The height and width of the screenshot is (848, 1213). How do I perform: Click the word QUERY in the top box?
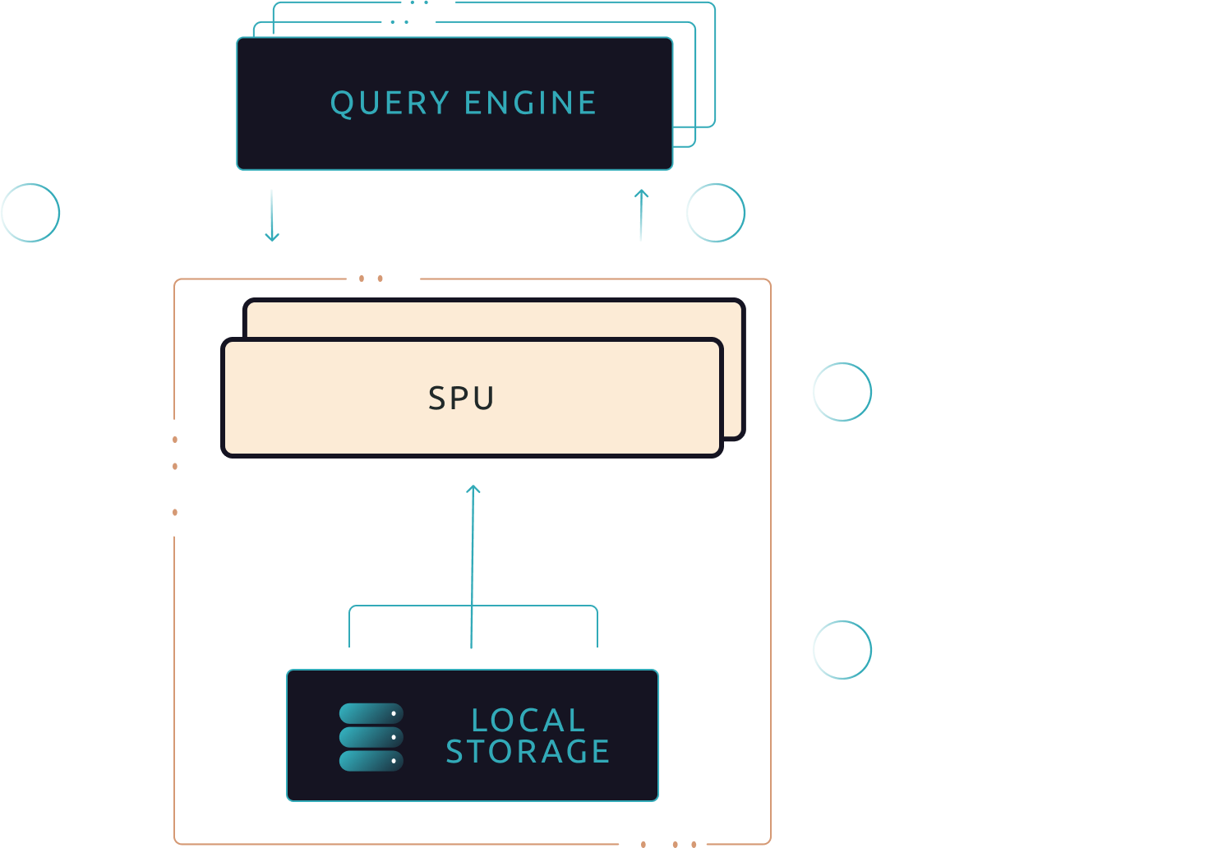click(x=390, y=104)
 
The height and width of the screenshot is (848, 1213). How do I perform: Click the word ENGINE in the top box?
click(x=530, y=103)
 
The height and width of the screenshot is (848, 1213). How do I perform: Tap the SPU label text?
click(x=461, y=398)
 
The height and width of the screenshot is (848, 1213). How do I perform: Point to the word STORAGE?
click(x=528, y=751)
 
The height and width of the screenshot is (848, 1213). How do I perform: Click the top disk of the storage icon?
click(x=371, y=713)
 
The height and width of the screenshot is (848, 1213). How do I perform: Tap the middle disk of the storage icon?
click(x=371, y=737)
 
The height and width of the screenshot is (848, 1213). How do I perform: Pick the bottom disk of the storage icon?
click(x=371, y=761)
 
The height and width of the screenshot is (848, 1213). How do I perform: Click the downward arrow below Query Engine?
click(x=272, y=215)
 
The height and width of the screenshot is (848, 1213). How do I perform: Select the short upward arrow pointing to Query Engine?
click(x=641, y=215)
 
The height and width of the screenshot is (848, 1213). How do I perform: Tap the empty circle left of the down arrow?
click(x=30, y=184)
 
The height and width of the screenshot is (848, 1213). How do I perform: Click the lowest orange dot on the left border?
click(x=175, y=512)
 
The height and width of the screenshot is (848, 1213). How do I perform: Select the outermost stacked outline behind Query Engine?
click(x=715, y=65)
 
